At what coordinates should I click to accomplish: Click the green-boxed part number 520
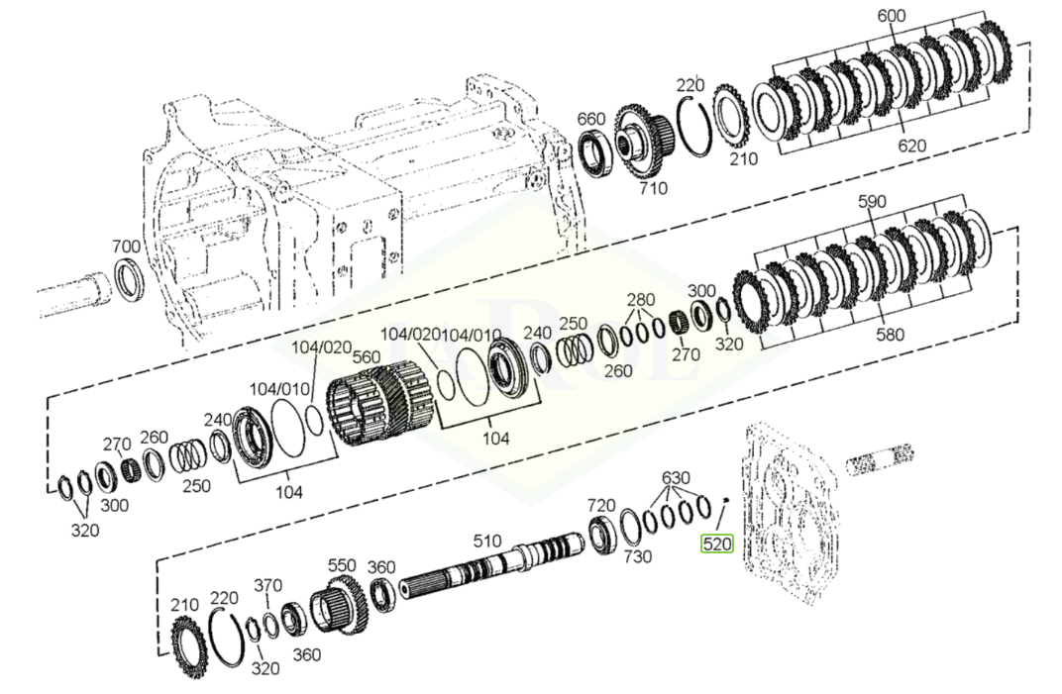717,544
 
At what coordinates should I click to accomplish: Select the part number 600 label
892,16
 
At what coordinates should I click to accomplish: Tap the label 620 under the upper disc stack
911,146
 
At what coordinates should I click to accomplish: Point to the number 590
873,202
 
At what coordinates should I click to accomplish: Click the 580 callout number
890,334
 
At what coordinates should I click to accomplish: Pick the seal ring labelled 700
128,279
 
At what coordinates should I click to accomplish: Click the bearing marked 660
596,154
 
